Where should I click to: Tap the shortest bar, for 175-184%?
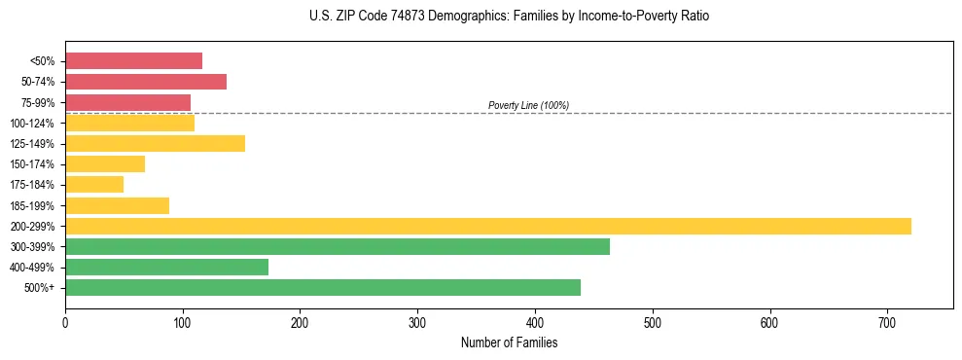pos(94,184)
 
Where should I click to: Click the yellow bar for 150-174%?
pos(105,163)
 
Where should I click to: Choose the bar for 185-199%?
pos(117,205)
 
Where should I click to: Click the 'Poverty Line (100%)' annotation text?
pos(528,105)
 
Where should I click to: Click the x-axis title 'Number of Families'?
pos(509,342)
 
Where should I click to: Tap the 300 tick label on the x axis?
pos(417,322)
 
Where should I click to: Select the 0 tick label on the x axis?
pos(65,322)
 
